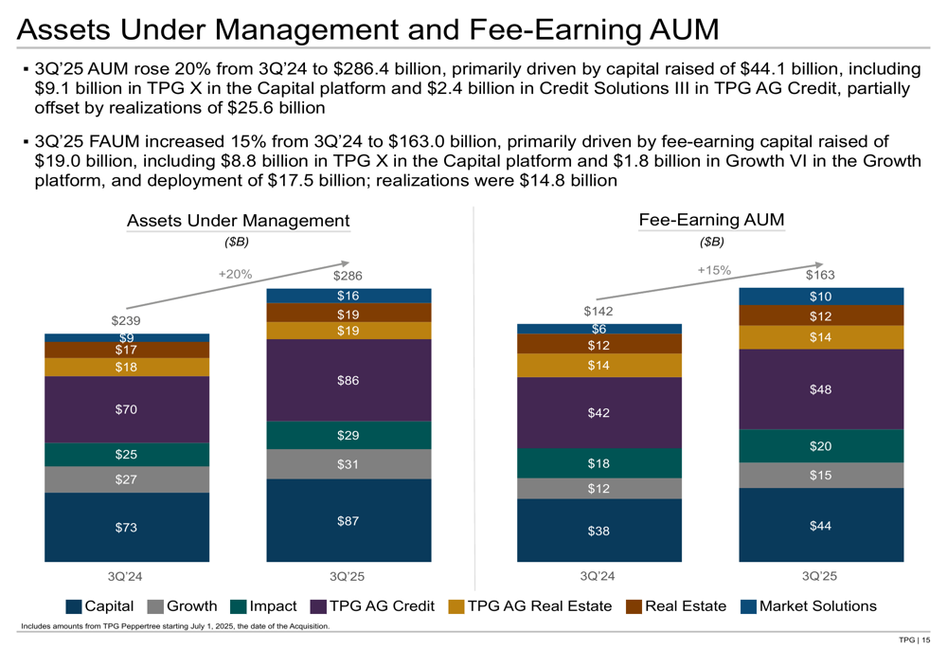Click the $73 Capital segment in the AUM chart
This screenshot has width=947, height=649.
tap(127, 527)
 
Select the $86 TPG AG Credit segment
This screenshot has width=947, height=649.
tap(348, 380)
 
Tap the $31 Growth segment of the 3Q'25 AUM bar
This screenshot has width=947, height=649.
tap(348, 464)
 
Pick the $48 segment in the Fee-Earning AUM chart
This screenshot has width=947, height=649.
tap(820, 389)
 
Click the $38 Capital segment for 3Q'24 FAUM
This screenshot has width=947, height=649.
tap(599, 531)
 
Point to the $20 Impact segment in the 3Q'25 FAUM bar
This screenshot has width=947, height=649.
tap(820, 446)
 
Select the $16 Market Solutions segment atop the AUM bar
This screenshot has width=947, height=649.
tap(348, 296)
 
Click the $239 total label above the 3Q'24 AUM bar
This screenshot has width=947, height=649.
tap(126, 321)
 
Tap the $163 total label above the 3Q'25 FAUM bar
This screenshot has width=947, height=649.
tap(821, 276)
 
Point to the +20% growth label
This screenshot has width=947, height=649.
tap(235, 274)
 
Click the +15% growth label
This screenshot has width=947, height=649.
tap(714, 270)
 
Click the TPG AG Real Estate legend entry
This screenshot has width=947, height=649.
tap(529, 606)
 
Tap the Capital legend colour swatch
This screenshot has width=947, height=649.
tap(74, 607)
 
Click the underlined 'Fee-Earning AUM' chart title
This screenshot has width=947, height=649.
tap(711, 220)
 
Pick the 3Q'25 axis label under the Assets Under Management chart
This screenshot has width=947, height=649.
tap(348, 576)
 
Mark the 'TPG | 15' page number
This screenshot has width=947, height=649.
tap(914, 641)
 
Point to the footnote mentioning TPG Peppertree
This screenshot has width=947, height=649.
tap(175, 626)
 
